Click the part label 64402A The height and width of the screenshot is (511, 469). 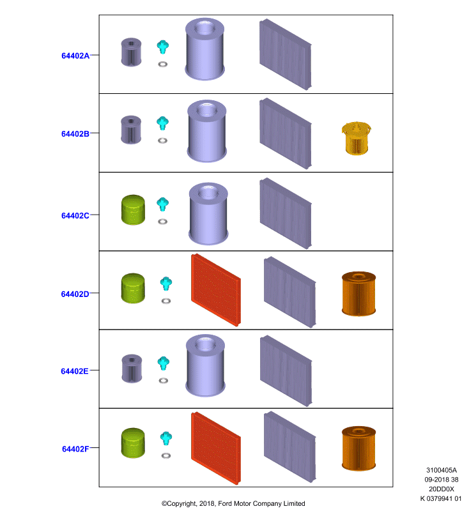point(75,56)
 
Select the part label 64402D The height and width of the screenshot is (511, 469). point(75,294)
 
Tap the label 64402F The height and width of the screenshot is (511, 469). point(75,449)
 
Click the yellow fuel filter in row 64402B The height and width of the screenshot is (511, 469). point(357,138)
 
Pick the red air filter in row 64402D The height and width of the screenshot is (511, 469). point(216,290)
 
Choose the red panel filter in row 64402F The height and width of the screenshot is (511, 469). point(216,448)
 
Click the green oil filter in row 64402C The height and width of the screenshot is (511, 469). point(133,210)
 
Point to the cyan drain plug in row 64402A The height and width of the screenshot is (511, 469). point(163,47)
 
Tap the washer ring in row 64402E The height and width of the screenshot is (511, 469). point(164,381)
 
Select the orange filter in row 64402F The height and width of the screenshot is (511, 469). point(358,448)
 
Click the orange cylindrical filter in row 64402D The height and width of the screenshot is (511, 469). point(358,294)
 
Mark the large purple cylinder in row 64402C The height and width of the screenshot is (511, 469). point(208,213)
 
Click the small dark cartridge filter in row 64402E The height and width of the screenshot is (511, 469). point(132,369)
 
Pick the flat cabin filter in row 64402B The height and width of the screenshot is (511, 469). point(286,133)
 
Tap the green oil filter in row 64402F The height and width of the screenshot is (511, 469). point(133,443)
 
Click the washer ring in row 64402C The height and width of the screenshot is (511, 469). point(163,222)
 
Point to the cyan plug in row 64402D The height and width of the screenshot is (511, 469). point(166,284)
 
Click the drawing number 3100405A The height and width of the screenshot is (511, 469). point(442,470)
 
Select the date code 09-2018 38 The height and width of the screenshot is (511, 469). point(442,480)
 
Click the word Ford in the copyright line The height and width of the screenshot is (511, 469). point(225,503)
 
